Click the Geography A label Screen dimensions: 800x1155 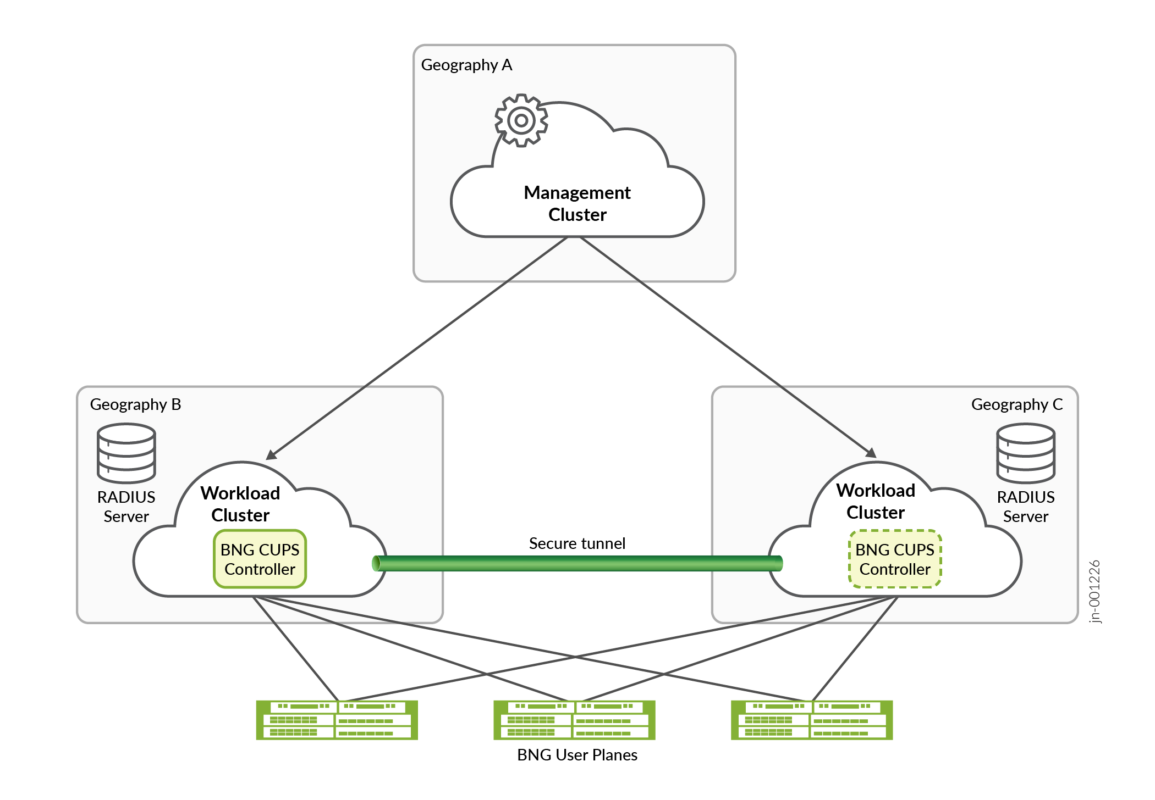pyautogui.click(x=466, y=65)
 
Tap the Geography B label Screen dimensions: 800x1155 pyautogui.click(x=135, y=404)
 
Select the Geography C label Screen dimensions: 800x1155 pyautogui.click(x=1016, y=404)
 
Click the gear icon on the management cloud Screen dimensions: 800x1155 pyautogui.click(x=521, y=120)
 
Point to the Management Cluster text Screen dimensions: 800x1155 pyautogui.click(x=577, y=203)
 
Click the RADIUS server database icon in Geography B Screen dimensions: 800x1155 pyautogui.click(x=127, y=453)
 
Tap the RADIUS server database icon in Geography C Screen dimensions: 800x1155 pyautogui.click(x=1026, y=453)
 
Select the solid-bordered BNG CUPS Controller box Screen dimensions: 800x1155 pyautogui.click(x=260, y=559)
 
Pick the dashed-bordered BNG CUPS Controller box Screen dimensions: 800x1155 pyautogui.click(x=895, y=559)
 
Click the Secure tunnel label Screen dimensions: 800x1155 pyautogui.click(x=577, y=543)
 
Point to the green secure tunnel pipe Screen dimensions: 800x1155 pyautogui.click(x=577, y=563)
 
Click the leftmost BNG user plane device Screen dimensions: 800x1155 pyautogui.click(x=337, y=720)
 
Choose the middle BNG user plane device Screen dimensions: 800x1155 pyautogui.click(x=574, y=720)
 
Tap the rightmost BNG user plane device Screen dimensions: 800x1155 pyautogui.click(x=812, y=720)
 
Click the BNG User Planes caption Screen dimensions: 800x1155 pyautogui.click(x=577, y=755)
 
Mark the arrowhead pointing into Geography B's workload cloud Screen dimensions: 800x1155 pyautogui.click(x=271, y=455)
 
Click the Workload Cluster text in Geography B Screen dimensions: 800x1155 pyautogui.click(x=240, y=504)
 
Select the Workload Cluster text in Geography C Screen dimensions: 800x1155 pyautogui.click(x=876, y=501)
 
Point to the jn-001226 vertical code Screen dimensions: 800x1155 pyautogui.click(x=1094, y=591)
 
